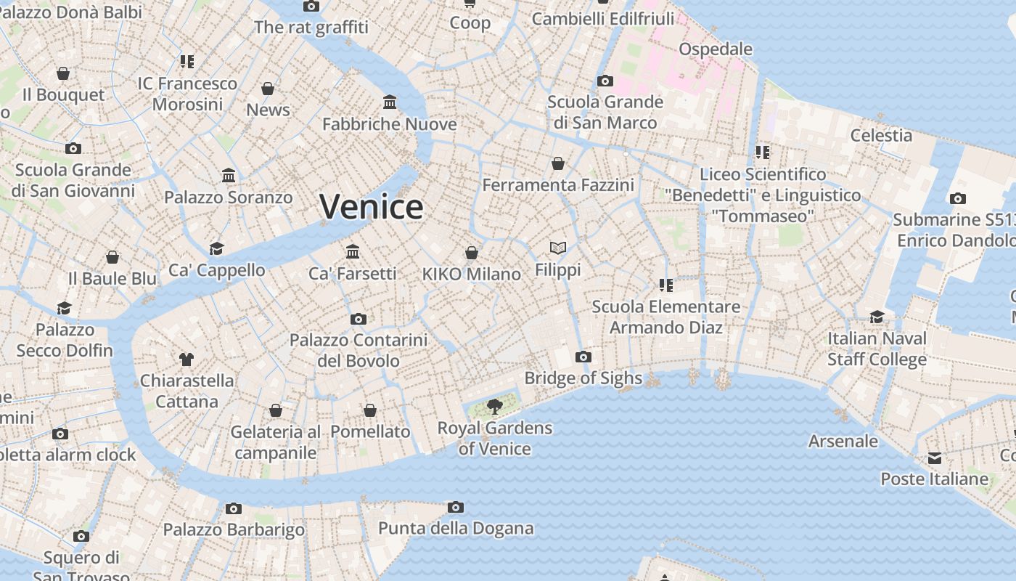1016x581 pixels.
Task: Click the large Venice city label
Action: click(372, 207)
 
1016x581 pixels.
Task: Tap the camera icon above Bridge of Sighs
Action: click(583, 357)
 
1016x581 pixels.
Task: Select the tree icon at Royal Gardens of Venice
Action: click(495, 406)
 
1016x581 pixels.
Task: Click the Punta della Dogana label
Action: click(456, 528)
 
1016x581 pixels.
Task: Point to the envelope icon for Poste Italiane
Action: click(935, 458)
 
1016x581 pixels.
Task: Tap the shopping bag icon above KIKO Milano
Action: click(472, 253)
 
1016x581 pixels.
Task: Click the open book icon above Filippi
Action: click(558, 248)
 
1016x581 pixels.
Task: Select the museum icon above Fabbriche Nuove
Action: click(390, 102)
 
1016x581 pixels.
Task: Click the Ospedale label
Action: click(716, 49)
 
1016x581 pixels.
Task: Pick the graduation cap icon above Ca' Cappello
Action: click(216, 249)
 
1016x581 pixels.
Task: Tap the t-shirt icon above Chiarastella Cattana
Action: click(187, 359)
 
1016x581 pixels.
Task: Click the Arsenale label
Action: click(843, 441)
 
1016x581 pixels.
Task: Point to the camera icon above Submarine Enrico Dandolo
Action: click(958, 198)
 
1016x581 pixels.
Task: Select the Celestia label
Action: click(881, 135)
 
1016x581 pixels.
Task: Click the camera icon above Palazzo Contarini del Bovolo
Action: click(359, 319)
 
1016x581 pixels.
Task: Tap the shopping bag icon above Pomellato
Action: click(370, 410)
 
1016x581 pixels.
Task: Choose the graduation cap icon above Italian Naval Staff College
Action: click(877, 317)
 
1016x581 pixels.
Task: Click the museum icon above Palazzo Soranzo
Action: click(229, 176)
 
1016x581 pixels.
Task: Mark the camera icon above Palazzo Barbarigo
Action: click(233, 508)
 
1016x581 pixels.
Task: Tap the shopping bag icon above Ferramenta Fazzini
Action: click(558, 163)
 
